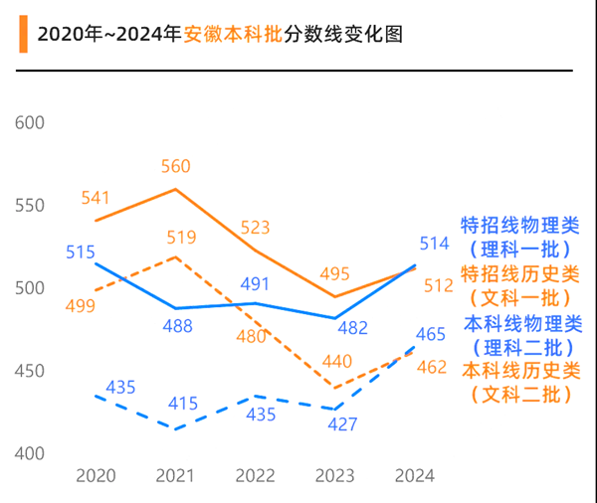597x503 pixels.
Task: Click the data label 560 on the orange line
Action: [x=175, y=166]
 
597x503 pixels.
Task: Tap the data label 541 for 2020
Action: [x=96, y=198]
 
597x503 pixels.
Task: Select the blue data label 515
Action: [x=81, y=251]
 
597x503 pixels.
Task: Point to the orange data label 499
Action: [x=80, y=305]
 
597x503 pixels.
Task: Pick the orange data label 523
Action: [x=256, y=227]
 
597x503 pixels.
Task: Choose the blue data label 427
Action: [x=341, y=423]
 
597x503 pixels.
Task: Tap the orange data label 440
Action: [x=335, y=362]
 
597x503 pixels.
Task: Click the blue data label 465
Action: [x=431, y=334]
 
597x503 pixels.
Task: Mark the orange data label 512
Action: [x=439, y=285]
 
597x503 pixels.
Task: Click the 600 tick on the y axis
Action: [x=32, y=122]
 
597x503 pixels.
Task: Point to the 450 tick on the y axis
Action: [x=32, y=371]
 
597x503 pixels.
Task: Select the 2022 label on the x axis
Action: [x=255, y=475]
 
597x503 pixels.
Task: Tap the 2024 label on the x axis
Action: [x=415, y=475]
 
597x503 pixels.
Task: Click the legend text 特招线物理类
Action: [x=519, y=225]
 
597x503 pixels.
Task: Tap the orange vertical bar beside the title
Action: [x=22, y=34]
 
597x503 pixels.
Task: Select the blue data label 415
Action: [x=182, y=404]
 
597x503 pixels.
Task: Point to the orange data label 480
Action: [x=251, y=336]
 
